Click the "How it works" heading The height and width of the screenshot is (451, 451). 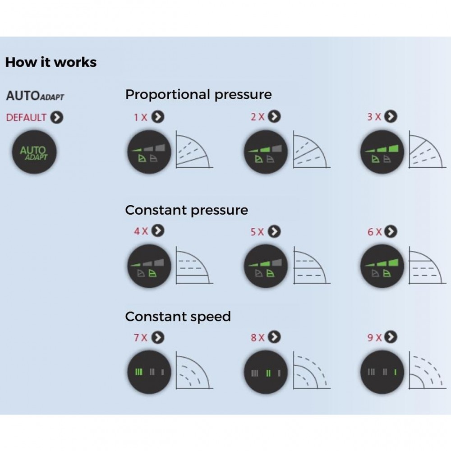click(x=51, y=62)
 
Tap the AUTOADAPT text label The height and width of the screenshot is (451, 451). click(x=35, y=96)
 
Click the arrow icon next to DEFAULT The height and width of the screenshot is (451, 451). click(x=57, y=117)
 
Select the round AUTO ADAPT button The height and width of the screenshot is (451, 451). click(x=34, y=152)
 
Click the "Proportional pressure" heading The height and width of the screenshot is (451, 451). click(x=198, y=95)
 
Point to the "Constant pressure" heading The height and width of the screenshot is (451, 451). click(x=186, y=210)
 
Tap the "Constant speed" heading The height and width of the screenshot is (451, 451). click(x=178, y=317)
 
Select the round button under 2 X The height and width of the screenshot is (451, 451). click(x=265, y=152)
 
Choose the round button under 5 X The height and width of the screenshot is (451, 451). click(x=265, y=266)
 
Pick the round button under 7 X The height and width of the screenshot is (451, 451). click(x=149, y=372)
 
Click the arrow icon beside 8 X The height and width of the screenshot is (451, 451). click(x=274, y=337)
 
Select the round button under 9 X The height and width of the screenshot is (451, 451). click(x=382, y=372)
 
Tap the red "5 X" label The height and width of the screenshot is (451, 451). click(x=257, y=231)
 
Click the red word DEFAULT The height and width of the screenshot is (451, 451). click(x=26, y=118)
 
